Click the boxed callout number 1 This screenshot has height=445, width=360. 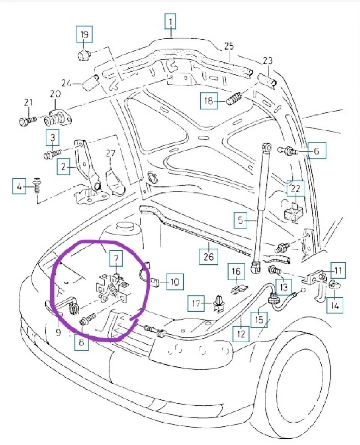(x=171, y=22)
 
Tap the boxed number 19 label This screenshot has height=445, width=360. (x=84, y=34)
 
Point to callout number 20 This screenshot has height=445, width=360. (x=55, y=94)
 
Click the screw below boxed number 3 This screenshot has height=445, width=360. (x=52, y=153)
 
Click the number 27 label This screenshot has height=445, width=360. (x=110, y=153)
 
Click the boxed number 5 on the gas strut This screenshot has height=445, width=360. (x=240, y=220)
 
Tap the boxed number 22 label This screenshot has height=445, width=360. (x=295, y=189)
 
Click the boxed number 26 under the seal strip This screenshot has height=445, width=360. (x=208, y=257)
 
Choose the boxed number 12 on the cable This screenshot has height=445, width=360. (x=241, y=333)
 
